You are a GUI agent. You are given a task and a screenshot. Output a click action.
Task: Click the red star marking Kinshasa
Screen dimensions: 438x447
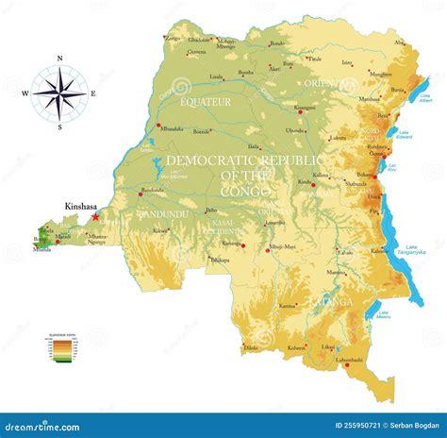(95, 216)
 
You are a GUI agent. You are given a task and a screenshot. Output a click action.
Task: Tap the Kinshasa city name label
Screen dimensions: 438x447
(81, 205)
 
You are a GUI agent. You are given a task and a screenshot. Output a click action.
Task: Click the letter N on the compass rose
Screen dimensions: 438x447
(59, 59)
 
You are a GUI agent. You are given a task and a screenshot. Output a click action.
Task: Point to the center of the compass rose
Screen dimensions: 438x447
(59, 92)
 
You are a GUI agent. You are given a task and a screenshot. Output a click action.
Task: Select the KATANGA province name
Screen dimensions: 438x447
(335, 302)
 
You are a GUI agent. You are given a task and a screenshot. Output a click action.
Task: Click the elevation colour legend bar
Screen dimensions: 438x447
(61, 351)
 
